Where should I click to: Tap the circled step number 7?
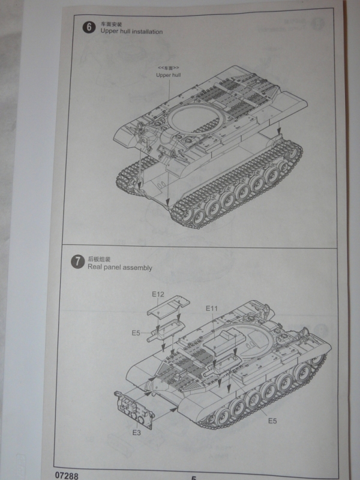click(77, 262)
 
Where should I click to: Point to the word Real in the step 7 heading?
click(95, 268)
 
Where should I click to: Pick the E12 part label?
click(158, 294)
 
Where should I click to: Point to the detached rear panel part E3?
click(131, 407)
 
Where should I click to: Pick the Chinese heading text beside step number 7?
click(97, 259)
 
